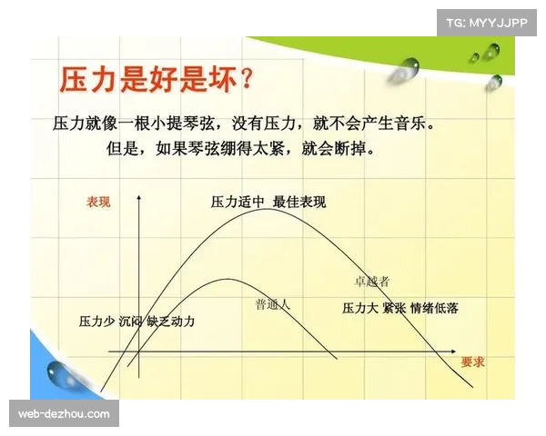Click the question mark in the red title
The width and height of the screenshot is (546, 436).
244,80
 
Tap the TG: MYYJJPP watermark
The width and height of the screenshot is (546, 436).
487,22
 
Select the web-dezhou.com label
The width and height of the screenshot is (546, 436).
65,414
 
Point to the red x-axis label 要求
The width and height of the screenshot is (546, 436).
472,362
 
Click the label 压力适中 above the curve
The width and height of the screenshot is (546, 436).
237,203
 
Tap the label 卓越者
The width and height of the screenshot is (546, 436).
371,282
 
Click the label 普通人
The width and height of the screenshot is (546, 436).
272,304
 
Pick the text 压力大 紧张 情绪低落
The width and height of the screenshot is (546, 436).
399,308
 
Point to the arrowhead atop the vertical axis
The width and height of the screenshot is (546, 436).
138,197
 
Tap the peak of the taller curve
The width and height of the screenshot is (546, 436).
269,210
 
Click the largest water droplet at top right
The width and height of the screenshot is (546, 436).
409,66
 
